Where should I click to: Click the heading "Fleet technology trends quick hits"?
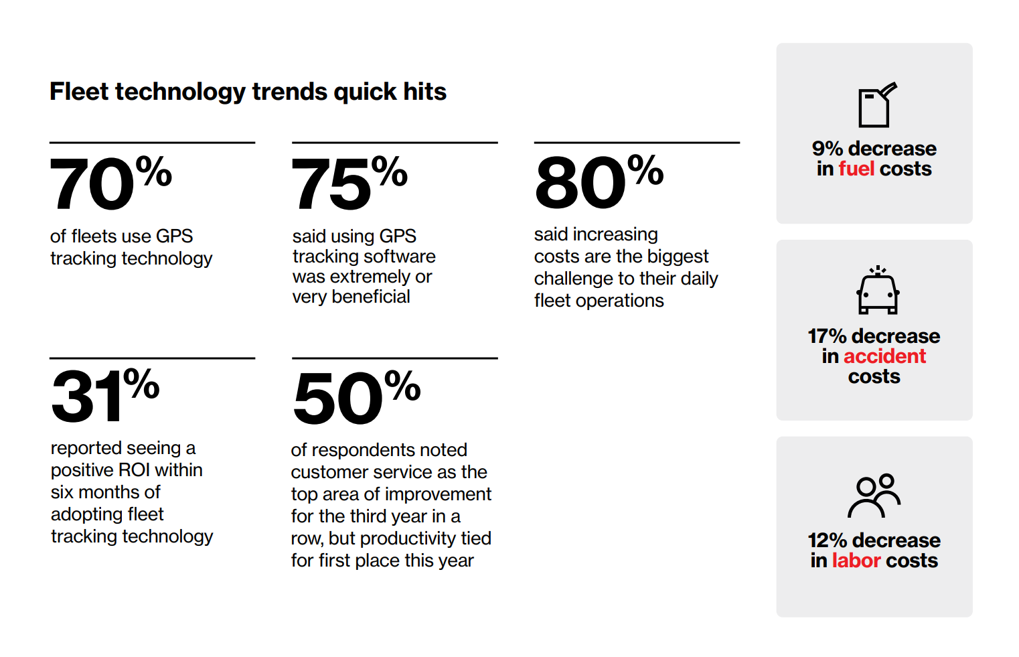(x=248, y=92)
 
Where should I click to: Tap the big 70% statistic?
(x=110, y=183)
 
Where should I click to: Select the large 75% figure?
(x=349, y=183)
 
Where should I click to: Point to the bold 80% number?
(x=599, y=182)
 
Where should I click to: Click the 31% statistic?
(x=105, y=395)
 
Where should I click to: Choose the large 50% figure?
(x=356, y=396)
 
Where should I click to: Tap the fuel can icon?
(x=877, y=104)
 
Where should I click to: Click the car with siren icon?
(x=878, y=290)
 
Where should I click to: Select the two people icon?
(x=874, y=496)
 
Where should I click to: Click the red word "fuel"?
(x=856, y=169)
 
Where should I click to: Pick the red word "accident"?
(x=884, y=356)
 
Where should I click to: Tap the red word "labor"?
(x=856, y=561)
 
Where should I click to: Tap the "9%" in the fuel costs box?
(x=828, y=149)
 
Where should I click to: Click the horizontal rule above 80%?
(x=637, y=143)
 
